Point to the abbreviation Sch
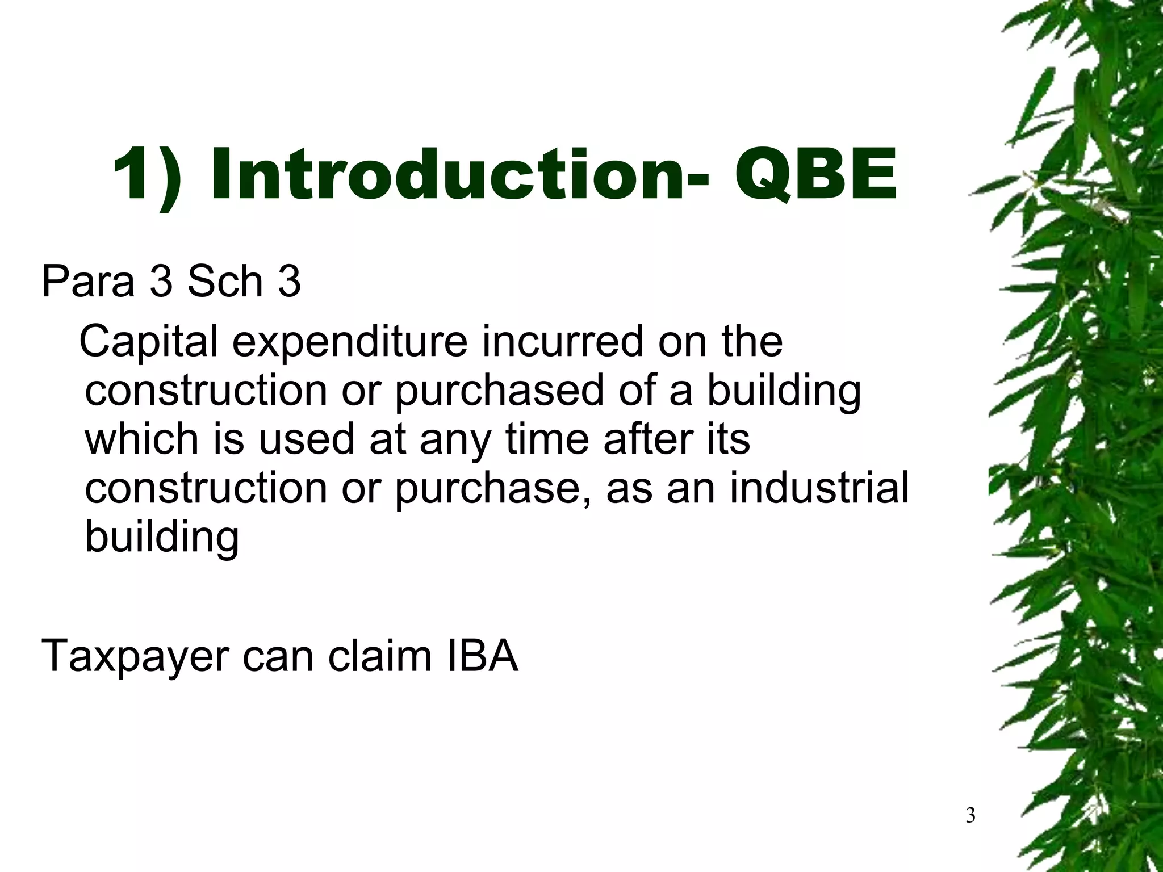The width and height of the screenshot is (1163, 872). pos(225,280)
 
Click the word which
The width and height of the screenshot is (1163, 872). pos(142,439)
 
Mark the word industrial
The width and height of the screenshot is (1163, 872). pos(819,488)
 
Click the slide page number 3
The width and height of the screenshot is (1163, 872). pos(970,816)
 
